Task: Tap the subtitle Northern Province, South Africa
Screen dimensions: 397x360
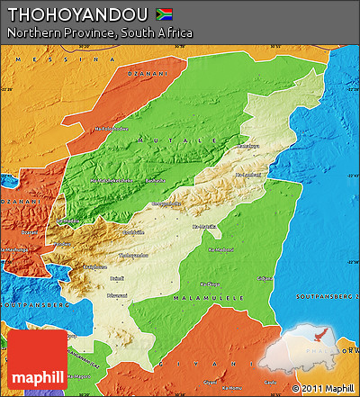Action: point(99,32)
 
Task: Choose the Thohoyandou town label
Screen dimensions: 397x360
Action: point(134,255)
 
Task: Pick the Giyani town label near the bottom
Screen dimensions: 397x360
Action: point(209,382)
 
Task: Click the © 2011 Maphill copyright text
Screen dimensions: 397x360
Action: point(323,388)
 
